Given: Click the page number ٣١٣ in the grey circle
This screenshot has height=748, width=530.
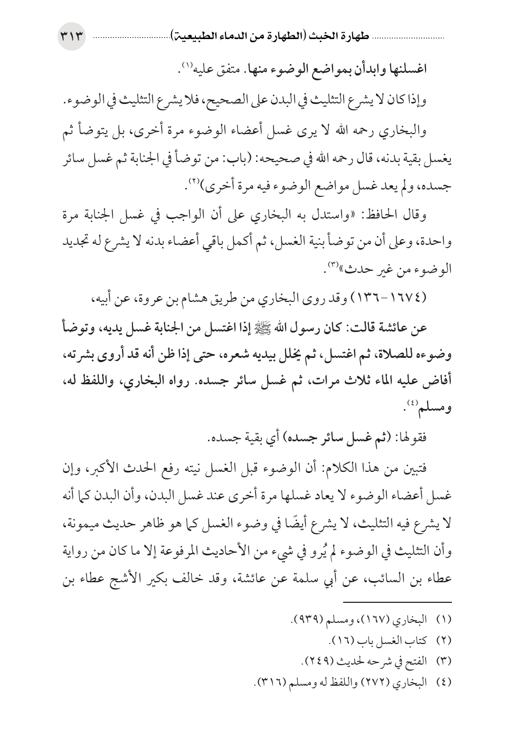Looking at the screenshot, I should [x=73, y=39].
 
